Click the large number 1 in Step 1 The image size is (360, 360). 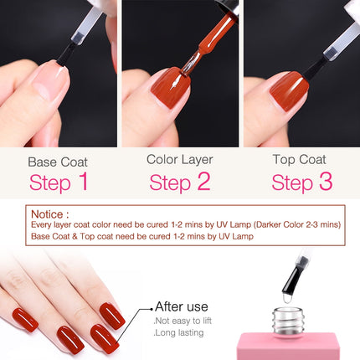[81, 182]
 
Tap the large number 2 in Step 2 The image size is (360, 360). [202, 182]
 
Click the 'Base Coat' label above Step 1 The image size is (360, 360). [57, 161]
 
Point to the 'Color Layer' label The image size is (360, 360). [179, 158]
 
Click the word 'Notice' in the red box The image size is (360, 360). [48, 214]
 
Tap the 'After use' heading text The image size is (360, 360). [181, 306]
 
